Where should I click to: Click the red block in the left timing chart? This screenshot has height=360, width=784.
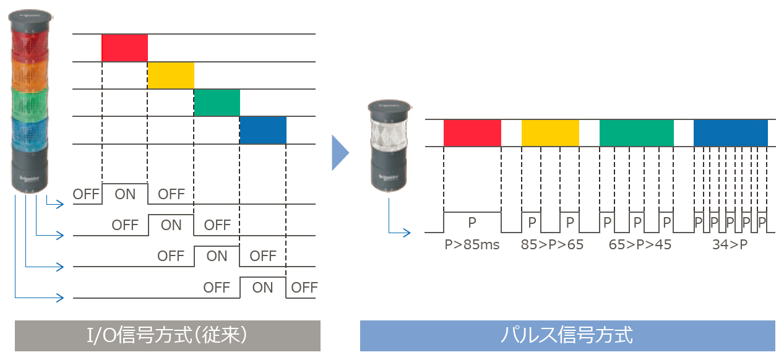[x=124, y=48]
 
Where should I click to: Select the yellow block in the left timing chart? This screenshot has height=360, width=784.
[x=171, y=75]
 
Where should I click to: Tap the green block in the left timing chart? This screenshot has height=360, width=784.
[x=217, y=103]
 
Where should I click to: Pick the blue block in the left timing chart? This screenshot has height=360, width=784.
[x=263, y=130]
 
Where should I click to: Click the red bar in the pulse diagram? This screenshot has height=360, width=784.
[x=472, y=132]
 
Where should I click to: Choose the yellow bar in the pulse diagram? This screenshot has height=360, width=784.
[x=550, y=132]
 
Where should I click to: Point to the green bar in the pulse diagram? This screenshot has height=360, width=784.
[x=636, y=132]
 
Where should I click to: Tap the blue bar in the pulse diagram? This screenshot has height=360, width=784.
[x=730, y=132]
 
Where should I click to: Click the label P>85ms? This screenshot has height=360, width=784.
[x=472, y=244]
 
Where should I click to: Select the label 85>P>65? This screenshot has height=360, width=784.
[x=552, y=244]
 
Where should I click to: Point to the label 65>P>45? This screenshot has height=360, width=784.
[x=640, y=244]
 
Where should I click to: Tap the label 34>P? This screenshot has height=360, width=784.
[x=730, y=244]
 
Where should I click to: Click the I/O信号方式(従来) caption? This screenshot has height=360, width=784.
[x=168, y=335]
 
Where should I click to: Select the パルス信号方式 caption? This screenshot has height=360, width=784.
[x=567, y=335]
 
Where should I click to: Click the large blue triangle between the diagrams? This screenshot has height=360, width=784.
[x=340, y=152]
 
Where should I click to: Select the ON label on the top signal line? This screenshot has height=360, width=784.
[x=125, y=194]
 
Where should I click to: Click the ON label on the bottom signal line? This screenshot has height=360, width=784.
[x=263, y=287]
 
